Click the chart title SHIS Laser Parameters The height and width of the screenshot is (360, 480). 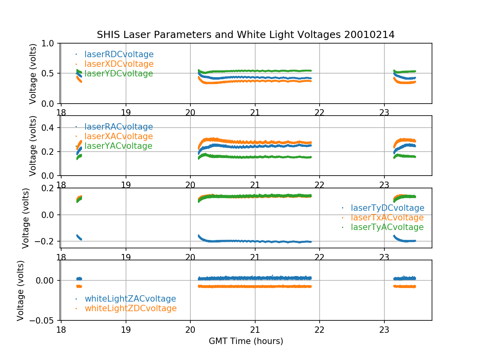(x=246, y=35)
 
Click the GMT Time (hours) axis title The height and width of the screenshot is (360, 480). (x=246, y=341)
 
